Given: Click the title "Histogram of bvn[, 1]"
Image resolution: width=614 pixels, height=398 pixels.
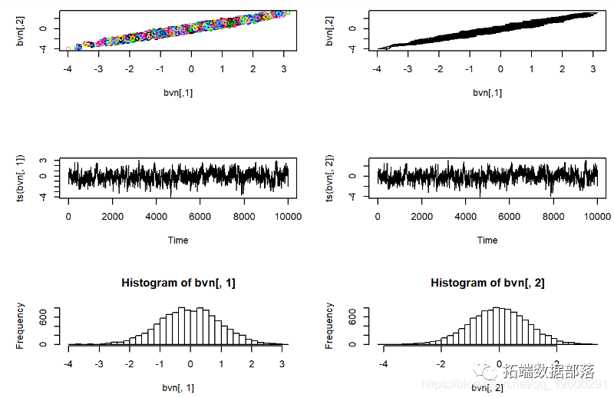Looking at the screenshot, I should [178, 283].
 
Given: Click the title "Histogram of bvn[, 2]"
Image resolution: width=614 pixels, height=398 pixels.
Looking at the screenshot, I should [487, 283].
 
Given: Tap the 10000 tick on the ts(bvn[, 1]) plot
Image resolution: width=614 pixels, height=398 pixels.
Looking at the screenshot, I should [287, 217].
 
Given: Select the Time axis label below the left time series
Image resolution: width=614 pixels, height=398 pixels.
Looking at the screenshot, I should [178, 240].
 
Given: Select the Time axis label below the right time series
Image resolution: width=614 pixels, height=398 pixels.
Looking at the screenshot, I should [487, 240].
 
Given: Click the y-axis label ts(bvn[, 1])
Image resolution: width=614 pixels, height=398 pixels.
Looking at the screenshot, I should [21, 178].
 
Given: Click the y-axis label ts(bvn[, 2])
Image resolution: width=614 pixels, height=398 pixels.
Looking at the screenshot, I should [330, 178].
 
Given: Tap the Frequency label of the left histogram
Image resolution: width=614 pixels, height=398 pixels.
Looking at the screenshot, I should [21, 326].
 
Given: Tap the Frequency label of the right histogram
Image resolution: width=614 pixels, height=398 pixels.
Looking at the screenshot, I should [330, 326].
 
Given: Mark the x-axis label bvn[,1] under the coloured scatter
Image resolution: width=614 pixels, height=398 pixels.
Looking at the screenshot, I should [178, 92].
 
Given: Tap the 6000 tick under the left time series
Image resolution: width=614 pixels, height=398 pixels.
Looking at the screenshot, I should [200, 217].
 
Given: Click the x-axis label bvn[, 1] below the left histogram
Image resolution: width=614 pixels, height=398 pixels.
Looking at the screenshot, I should [178, 387].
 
